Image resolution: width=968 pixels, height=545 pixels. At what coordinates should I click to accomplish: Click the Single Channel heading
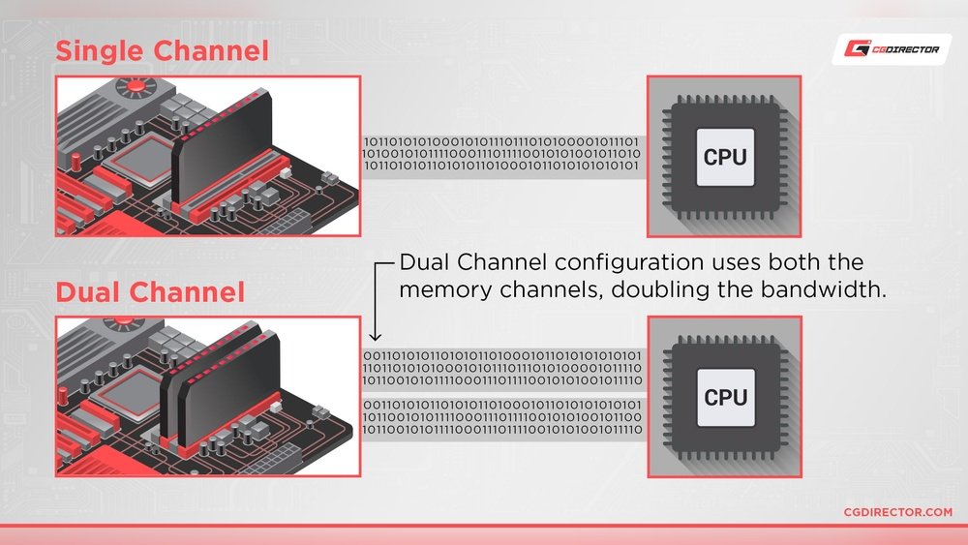pos(162,50)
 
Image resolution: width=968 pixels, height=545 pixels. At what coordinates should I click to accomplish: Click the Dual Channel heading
pos(150,292)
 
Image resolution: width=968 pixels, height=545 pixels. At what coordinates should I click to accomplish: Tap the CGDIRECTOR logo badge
pos(892,49)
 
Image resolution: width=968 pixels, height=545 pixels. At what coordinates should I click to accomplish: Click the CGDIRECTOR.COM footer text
pos(897,512)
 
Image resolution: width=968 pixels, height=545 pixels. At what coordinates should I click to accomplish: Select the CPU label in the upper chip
pos(725,154)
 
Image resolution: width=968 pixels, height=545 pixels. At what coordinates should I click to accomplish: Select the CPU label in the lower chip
pos(725,397)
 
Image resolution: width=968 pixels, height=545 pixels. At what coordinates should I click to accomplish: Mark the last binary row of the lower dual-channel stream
pos(500,429)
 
